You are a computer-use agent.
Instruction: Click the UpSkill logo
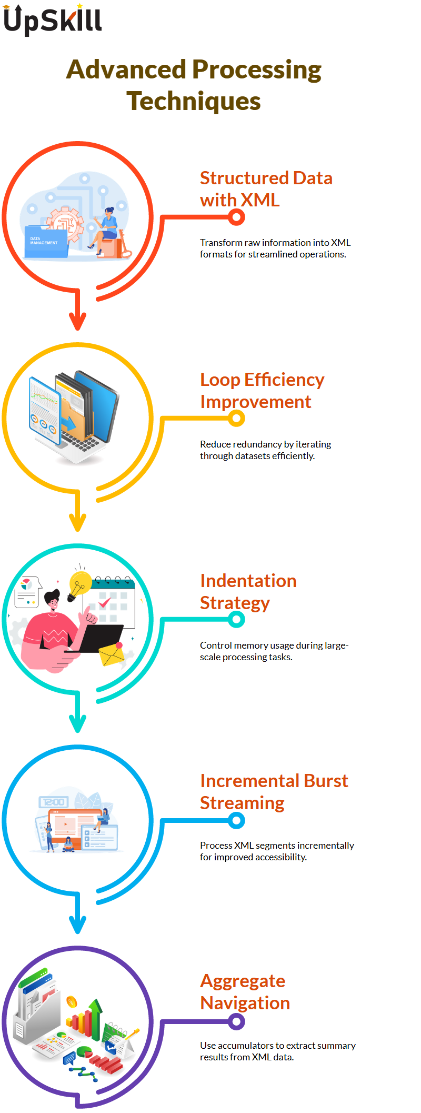pos(53,20)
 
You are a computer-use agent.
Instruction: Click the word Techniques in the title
pos(194,101)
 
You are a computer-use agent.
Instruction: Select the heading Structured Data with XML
pos(266,189)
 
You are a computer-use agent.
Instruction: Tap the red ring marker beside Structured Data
pos(237,216)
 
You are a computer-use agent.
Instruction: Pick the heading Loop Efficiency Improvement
pos(262,391)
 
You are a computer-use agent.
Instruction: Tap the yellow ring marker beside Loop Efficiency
pos(237,419)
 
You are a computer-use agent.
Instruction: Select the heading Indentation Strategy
pos(248,592)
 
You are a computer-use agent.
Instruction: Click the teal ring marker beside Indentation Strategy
pos(237,620)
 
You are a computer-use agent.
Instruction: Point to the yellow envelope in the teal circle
pos(112,654)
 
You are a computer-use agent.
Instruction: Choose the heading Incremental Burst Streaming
pos(274,792)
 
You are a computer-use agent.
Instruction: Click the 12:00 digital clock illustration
pos(54,802)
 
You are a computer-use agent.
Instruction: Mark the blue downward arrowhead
pos(78,924)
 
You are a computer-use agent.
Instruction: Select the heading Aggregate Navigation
pos(245,992)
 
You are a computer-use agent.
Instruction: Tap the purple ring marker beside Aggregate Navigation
pos(237,1022)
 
